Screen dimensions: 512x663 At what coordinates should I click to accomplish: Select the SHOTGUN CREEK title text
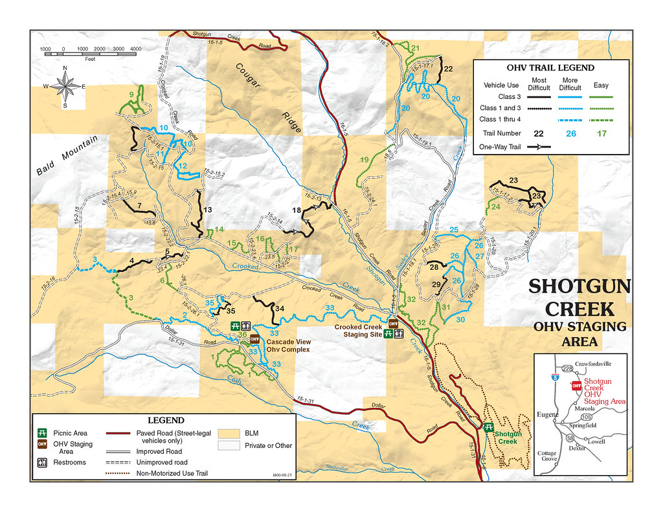click(x=578, y=297)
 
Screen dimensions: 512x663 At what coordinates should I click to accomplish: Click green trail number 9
click(x=131, y=95)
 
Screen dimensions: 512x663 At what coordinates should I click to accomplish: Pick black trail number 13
click(x=208, y=210)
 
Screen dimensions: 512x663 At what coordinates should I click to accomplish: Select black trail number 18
click(x=296, y=210)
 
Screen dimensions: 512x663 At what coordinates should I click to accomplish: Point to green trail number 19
click(x=364, y=160)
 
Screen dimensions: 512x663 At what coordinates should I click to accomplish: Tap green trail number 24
click(x=495, y=207)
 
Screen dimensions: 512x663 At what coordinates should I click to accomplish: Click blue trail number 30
click(x=460, y=320)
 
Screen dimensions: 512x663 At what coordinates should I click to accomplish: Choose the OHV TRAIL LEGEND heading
click(x=550, y=67)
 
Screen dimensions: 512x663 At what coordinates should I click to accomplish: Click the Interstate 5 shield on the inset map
click(x=554, y=375)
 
